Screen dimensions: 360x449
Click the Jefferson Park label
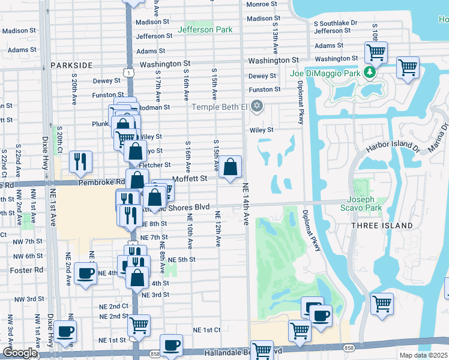point(205,29)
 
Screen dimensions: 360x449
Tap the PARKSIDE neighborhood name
point(71,65)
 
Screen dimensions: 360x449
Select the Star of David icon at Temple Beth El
point(257,107)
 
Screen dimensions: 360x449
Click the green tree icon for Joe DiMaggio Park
point(370,73)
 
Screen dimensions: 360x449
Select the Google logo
point(19,353)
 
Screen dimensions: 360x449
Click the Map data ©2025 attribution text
point(424,355)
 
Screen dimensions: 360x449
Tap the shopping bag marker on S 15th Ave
point(230,167)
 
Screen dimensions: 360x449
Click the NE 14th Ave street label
point(246,205)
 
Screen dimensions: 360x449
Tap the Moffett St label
point(190,178)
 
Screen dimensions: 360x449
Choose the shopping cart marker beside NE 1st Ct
point(139,326)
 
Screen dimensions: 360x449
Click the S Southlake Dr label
point(335,23)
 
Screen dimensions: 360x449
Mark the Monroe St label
point(261,4)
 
